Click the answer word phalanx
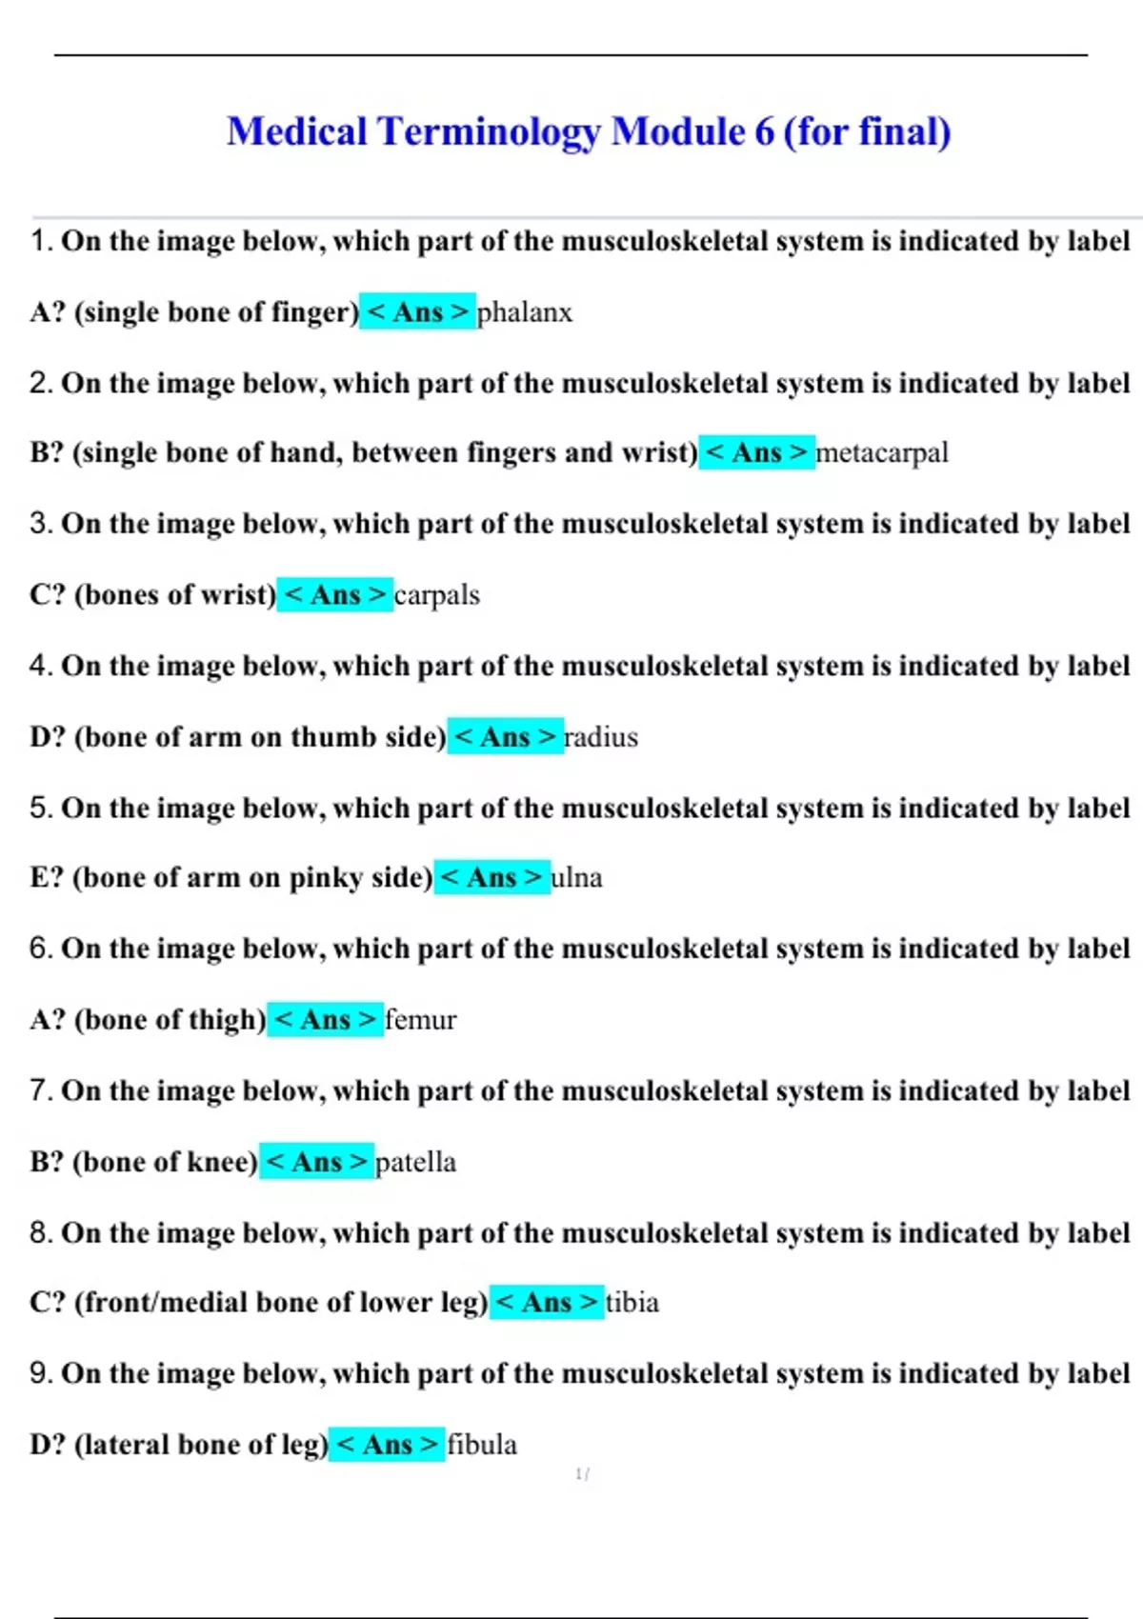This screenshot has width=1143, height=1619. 524,312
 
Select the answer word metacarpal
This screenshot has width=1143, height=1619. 882,452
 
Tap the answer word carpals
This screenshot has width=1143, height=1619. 436,595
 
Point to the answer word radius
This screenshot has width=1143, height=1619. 601,737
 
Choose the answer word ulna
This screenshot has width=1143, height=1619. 576,877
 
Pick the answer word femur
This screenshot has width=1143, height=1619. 420,1020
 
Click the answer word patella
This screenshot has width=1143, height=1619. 415,1162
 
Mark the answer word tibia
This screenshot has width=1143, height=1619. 632,1302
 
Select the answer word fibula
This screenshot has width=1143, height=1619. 482,1445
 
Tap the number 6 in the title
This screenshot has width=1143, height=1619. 764,131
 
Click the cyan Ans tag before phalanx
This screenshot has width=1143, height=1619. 417,312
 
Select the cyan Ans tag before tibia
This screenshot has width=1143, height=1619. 547,1302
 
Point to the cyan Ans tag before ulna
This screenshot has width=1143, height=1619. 491,877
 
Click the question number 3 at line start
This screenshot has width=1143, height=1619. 39,524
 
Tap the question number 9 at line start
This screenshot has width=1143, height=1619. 39,1373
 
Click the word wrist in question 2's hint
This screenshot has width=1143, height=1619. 655,452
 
